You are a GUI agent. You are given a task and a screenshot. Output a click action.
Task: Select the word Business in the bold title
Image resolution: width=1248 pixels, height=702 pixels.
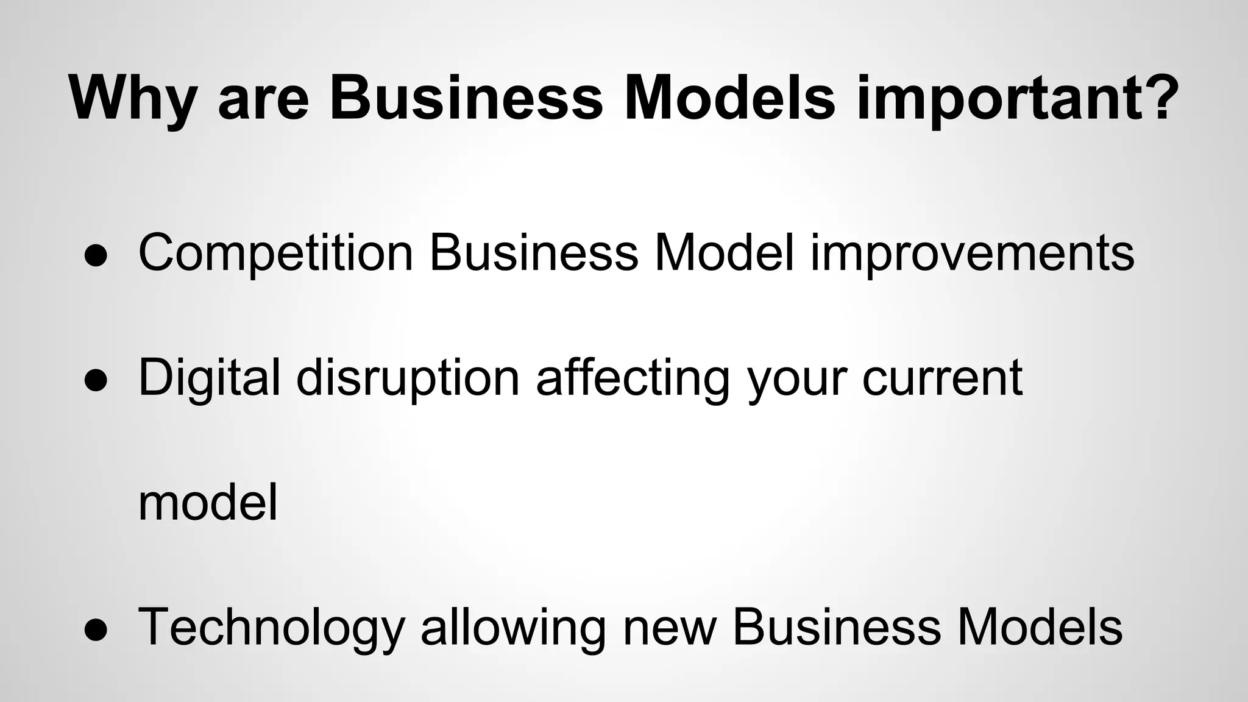click(466, 97)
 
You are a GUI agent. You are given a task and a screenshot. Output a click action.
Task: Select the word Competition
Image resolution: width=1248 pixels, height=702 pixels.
click(276, 252)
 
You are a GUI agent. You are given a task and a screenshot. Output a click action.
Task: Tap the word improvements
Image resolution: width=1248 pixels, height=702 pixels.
click(972, 252)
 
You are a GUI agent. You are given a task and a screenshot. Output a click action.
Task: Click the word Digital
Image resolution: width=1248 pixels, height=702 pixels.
click(210, 378)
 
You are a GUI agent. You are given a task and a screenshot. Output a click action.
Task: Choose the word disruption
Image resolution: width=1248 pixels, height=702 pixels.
click(408, 378)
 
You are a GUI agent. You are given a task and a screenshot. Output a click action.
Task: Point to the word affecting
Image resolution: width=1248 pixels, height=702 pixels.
click(633, 378)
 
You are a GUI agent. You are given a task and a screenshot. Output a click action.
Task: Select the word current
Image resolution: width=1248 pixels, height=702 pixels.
click(942, 378)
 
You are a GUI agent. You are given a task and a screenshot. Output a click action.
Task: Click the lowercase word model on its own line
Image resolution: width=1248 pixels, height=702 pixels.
click(208, 503)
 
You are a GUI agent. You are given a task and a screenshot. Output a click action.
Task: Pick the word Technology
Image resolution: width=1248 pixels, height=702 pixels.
click(272, 628)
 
